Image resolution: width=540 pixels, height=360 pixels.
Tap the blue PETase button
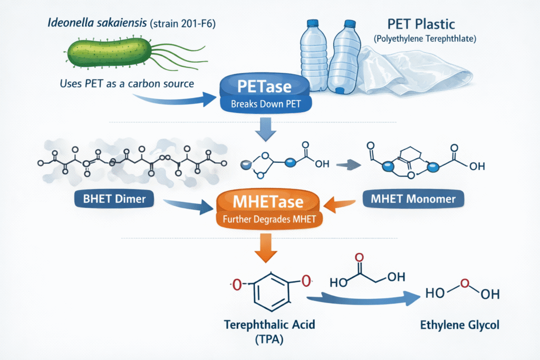(x=265, y=92)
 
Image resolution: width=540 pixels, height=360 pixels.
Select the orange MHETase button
(x=267, y=209)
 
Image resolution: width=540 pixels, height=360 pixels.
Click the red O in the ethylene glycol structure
(x=465, y=284)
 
